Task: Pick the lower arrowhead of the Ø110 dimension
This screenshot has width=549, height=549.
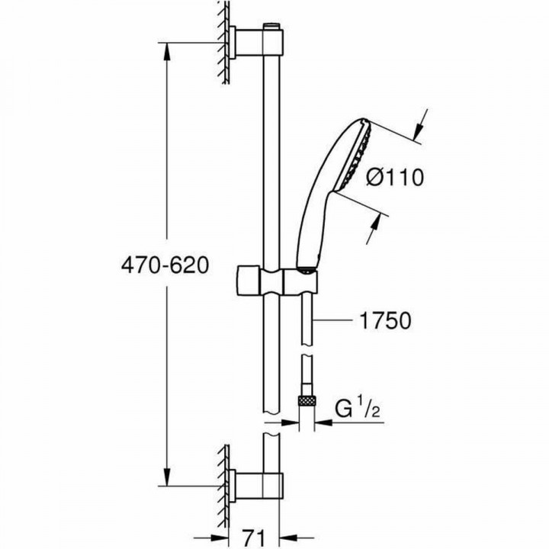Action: click(x=377, y=221)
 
